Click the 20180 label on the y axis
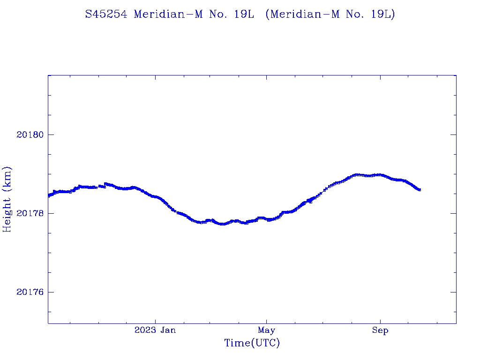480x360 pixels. point(30,135)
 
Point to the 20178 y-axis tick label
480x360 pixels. point(30,214)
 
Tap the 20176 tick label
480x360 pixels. point(30,292)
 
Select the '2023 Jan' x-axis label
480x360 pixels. point(155,330)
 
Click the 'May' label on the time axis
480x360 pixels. point(266,330)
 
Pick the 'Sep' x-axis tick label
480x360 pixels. point(380,330)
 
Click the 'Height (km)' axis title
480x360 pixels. point(7,199)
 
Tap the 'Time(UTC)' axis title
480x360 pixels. point(252,343)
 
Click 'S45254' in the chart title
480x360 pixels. point(106,14)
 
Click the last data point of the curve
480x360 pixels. point(420,190)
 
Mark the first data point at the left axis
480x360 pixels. point(49,195)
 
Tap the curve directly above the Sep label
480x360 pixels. point(380,175)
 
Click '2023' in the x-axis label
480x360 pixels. point(145,330)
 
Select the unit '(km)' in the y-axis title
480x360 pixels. point(7,179)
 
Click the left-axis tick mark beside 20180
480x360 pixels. point(51,135)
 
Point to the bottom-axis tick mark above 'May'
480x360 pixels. point(266,321)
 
